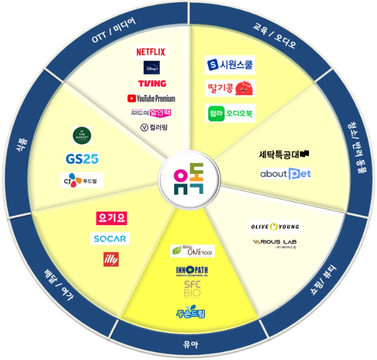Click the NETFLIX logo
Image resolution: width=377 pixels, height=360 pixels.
[151, 52]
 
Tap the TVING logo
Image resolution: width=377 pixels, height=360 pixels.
[151, 83]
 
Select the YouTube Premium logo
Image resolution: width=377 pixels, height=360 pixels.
[151, 98]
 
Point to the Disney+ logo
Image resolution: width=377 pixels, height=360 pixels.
[151, 67]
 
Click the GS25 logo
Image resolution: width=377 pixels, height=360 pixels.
[82, 159]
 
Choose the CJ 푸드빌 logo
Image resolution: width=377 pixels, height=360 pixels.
[82, 180]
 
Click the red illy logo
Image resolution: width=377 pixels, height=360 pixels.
[112, 259]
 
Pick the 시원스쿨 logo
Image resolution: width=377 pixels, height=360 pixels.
[230, 64]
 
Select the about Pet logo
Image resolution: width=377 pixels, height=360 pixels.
[285, 174]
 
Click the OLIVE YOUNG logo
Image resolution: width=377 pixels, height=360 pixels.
[275, 227]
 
